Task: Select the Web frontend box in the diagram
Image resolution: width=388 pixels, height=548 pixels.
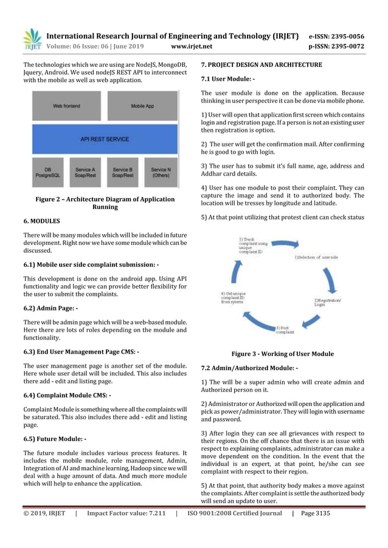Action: click(x=66, y=106)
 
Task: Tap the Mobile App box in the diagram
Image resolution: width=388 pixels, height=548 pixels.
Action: click(x=142, y=106)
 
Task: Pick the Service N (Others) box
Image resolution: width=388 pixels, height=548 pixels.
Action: click(x=161, y=173)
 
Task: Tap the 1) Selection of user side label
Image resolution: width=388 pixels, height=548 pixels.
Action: click(x=317, y=258)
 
